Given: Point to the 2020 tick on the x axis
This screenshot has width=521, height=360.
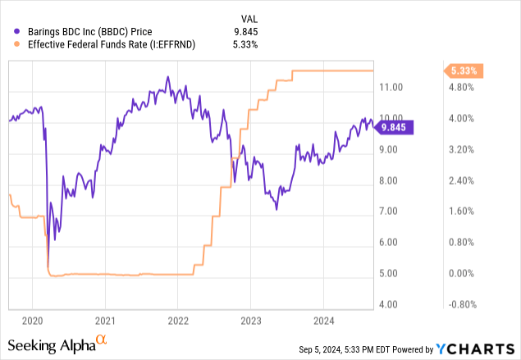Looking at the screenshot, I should point(32,320).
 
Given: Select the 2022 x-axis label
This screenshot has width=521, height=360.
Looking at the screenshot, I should point(177,320).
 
